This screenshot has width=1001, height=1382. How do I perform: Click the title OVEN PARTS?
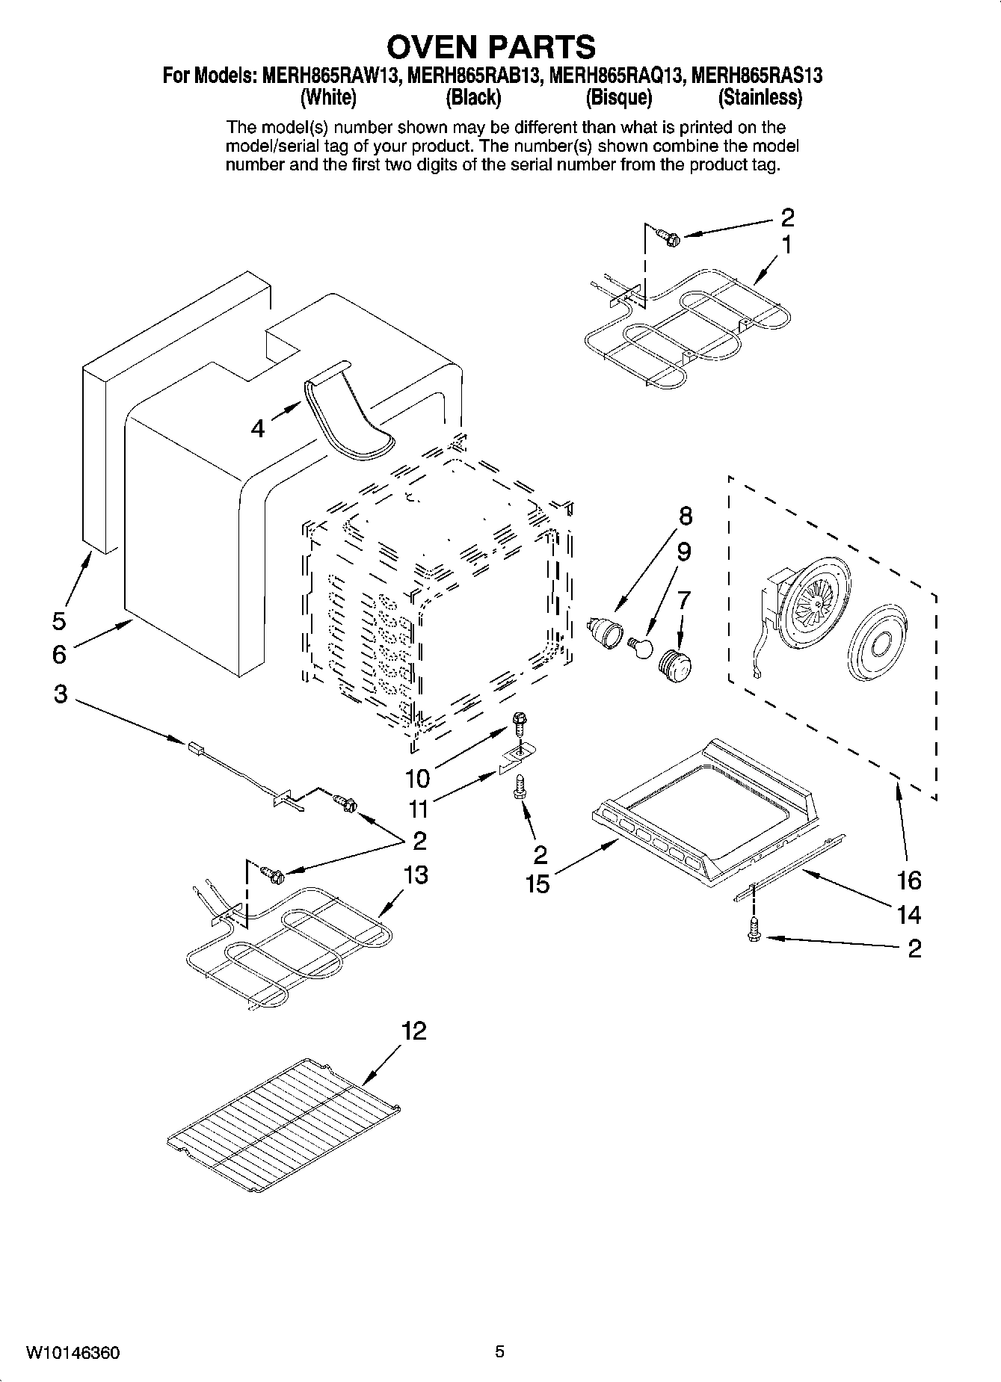(x=491, y=46)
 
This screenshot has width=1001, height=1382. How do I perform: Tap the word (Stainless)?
(x=760, y=97)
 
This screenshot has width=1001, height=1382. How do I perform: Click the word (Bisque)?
(x=618, y=97)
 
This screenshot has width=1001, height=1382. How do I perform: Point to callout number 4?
(x=258, y=429)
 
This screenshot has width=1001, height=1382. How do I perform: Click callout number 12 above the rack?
(x=413, y=1031)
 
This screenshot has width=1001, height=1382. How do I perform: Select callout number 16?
(x=909, y=880)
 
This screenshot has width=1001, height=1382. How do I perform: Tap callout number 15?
(x=537, y=883)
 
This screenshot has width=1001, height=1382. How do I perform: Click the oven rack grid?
(x=284, y=1129)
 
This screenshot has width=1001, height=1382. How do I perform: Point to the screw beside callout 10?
(x=520, y=724)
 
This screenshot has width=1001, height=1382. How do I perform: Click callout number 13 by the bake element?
(x=416, y=874)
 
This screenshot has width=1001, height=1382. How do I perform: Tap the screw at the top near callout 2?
(x=667, y=237)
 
